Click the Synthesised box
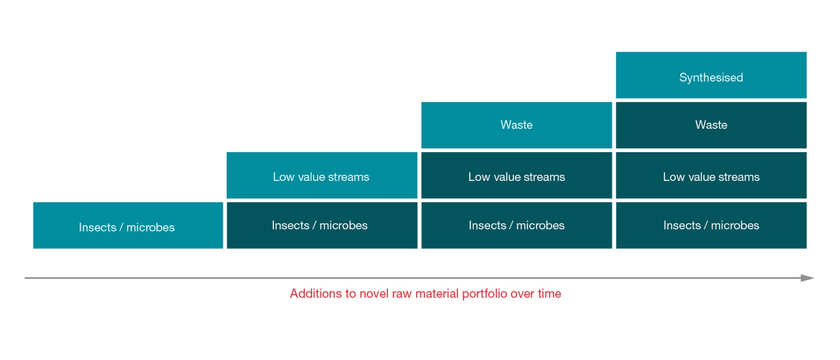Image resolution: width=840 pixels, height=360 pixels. coord(711,75)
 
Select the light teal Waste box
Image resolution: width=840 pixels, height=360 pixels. coord(516,125)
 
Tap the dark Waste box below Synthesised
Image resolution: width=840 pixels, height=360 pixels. coord(711,125)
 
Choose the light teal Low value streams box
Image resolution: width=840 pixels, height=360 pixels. coord(322,175)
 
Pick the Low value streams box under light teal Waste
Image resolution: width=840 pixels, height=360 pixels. coord(516,175)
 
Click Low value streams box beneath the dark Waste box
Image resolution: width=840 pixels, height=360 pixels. coord(711,175)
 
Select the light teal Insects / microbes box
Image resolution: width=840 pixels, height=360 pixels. coord(128,225)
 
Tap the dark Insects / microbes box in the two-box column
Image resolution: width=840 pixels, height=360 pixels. coord(322,225)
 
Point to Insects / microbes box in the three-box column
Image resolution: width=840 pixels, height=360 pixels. coord(516,225)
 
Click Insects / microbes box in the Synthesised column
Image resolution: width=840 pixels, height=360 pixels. coord(711,225)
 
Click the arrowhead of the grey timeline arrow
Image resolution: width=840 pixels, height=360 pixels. coord(807,278)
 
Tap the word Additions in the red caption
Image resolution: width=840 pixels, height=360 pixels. coord(314,293)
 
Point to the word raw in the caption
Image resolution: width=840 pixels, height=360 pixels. coord(402,294)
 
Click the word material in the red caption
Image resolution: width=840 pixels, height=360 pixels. coord(437,293)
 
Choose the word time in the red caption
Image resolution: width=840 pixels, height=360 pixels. coord(549,293)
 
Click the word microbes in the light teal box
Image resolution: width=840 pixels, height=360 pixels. coord(151,228)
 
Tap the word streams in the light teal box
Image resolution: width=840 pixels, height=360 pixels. coord(349,177)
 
